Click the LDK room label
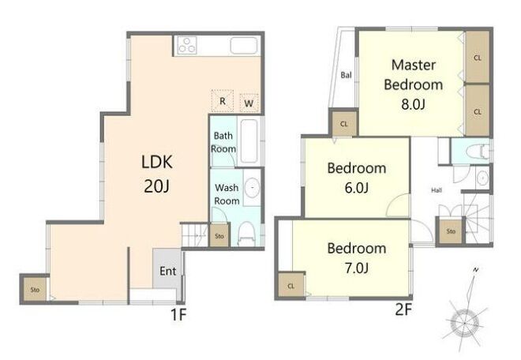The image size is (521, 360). click(157, 162)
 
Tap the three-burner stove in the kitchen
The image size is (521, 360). click(187, 45)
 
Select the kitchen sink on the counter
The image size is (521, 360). click(244, 45)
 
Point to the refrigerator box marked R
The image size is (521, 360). click(223, 101)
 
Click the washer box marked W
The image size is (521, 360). click(249, 103)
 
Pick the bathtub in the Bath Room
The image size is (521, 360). click(249, 141)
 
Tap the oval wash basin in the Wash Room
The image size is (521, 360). click(252, 188)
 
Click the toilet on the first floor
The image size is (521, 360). click(246, 234)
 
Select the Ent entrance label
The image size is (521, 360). click(168, 271)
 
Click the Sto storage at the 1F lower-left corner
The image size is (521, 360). click(35, 290)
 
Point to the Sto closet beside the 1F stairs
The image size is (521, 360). click(219, 236)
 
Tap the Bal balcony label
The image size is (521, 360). click(346, 75)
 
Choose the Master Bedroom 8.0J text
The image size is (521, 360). click(414, 84)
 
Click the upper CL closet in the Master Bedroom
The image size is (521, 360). click(477, 57)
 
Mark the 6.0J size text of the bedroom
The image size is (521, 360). click(357, 188)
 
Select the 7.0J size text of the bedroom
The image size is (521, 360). click(357, 268)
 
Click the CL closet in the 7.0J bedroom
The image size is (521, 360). click(291, 285)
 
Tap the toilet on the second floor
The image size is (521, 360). click(478, 152)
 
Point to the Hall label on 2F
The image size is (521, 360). click(437, 190)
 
